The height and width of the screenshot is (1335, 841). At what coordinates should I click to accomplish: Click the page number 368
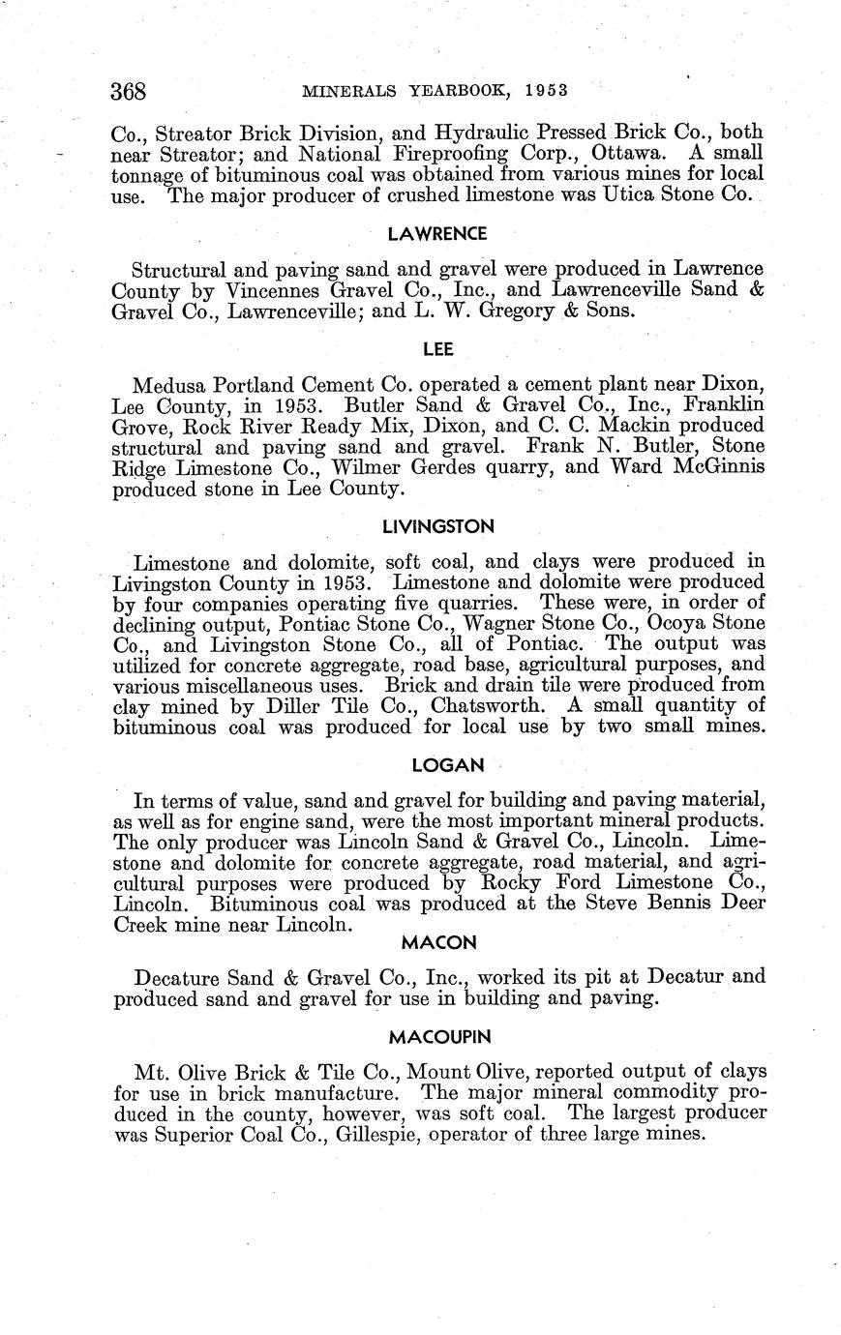[128, 92]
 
